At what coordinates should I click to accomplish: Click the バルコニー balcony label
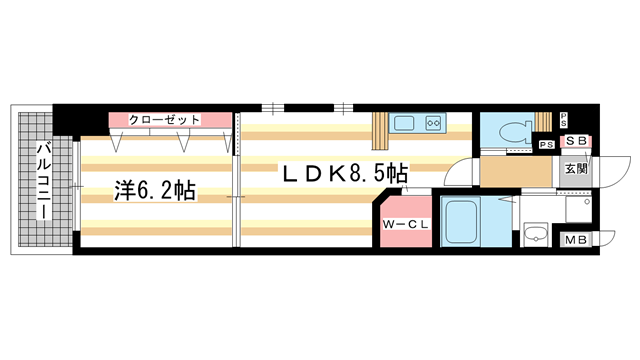coord(44,180)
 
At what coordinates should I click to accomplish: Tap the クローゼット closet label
coord(164,120)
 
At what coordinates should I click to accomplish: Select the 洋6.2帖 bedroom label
coord(155,191)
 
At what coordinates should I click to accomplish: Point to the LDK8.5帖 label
coord(345,173)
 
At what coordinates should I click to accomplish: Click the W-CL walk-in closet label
coord(406,224)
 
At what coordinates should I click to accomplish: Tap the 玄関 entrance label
coord(576,168)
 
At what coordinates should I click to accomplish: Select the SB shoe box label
coord(576,141)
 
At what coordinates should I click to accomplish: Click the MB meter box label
coord(576,240)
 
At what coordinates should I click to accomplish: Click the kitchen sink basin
coord(404,123)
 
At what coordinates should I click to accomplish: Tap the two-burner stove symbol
coord(433,123)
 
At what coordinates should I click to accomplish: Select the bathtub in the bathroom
coord(461,222)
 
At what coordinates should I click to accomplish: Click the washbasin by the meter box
coord(536,235)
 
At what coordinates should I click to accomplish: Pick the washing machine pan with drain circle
coord(578,209)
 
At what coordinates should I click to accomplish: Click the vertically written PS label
coord(564,120)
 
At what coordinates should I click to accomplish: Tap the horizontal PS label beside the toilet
coord(547,145)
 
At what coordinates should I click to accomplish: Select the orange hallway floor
coord(516,172)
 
